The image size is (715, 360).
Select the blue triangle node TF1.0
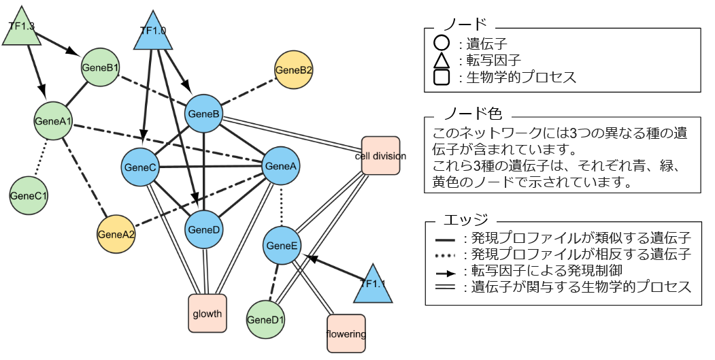coord(153,33)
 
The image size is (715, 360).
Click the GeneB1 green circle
coord(100,67)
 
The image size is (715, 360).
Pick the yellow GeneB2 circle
coord(293,70)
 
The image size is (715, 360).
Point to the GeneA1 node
coord(53,120)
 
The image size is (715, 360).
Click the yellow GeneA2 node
coord(116,234)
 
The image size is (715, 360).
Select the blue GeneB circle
coord(203,114)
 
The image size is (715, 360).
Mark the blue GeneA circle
coord(281,165)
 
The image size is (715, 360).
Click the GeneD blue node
coord(203,229)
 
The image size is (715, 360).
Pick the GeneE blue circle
coord(281,245)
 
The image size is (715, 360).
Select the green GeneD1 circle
coord(265,319)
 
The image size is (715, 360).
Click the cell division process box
coord(380,156)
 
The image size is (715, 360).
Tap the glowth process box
coord(207,313)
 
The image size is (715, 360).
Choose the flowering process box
coord(346,333)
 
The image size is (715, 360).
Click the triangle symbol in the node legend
coord(441,61)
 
